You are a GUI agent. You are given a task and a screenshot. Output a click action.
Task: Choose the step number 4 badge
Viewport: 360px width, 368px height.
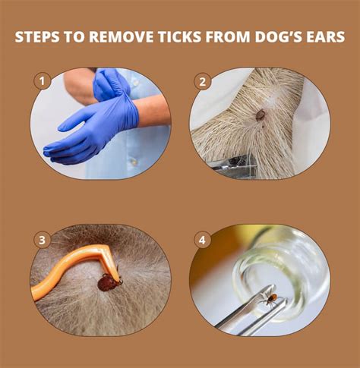click(202, 240)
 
